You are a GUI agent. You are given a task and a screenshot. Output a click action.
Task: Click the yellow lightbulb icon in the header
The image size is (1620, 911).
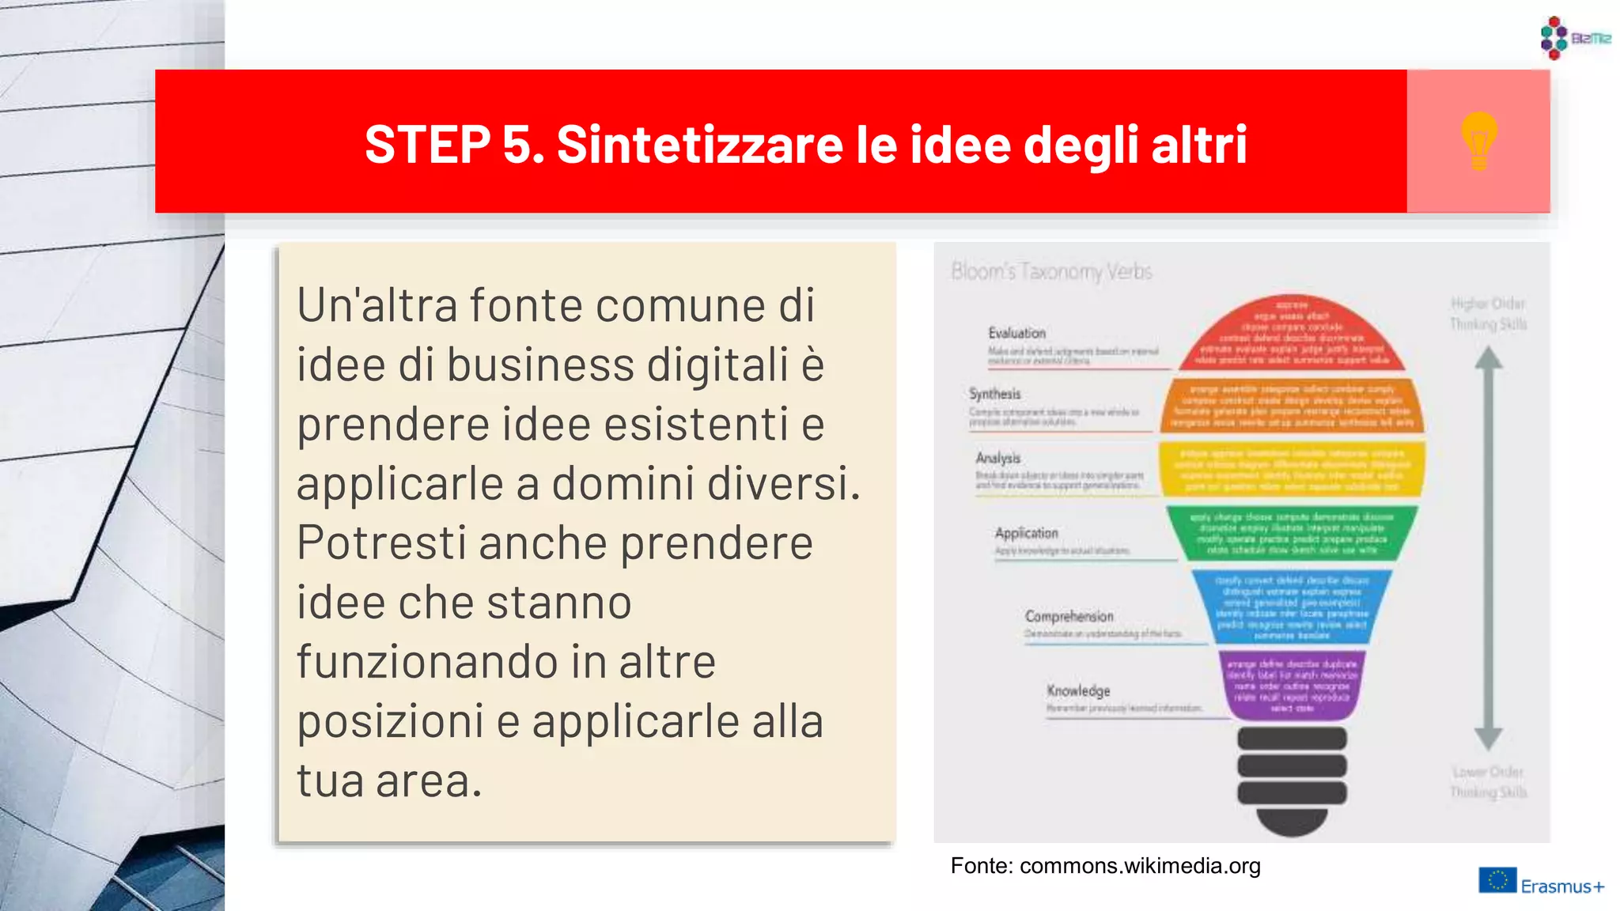pos(1478,141)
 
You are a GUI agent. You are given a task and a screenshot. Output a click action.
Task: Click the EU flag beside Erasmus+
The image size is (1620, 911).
pos(1497,880)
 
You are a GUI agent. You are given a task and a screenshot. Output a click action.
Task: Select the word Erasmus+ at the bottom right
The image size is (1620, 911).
pos(1562,886)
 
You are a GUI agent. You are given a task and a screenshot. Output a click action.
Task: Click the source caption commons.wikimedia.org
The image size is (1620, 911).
pos(1105,866)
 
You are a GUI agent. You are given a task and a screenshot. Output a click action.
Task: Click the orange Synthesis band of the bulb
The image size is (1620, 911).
pos(1292,406)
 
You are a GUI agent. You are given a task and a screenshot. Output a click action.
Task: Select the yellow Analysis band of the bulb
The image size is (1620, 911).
pos(1292,470)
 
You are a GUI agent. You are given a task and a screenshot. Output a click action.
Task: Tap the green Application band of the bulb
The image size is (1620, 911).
pos(1292,534)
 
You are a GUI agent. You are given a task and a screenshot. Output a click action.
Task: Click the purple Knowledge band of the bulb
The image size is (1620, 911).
pos(1292,686)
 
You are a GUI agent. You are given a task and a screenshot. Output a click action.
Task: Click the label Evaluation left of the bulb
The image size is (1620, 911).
pos(1016,333)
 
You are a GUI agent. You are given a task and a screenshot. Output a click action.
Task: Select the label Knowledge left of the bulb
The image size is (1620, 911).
pos(1078,690)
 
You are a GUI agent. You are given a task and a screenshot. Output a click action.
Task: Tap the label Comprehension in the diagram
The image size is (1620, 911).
pos(1069,616)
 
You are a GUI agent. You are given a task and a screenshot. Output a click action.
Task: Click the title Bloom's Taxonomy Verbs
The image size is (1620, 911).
pos(1051,271)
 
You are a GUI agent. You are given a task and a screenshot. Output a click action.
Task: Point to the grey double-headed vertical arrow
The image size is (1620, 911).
pos(1488,550)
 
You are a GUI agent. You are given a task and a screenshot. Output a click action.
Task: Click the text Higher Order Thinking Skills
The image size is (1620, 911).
pos(1488,314)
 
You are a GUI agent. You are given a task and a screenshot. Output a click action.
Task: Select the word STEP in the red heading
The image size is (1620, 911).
pos(427,145)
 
